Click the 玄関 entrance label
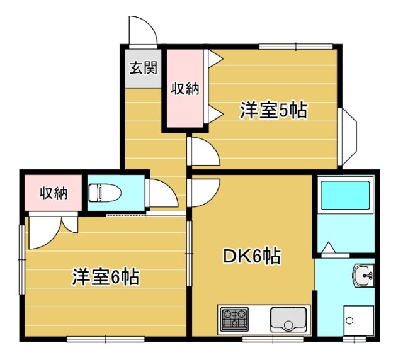[x=143, y=68]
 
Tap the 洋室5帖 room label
[x=273, y=111]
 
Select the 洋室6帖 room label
[x=106, y=278]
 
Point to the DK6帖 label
[x=252, y=256]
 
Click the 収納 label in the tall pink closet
[x=185, y=89]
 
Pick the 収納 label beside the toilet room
[x=54, y=193]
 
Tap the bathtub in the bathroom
[x=346, y=194]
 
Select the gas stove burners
[x=235, y=320]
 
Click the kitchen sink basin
[x=288, y=319]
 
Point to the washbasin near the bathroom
[x=363, y=275]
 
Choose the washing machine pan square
[x=358, y=321]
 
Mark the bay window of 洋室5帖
[x=347, y=137]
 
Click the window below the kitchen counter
[x=273, y=339]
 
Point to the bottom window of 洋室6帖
[x=106, y=339]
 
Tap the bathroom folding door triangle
[x=329, y=247]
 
